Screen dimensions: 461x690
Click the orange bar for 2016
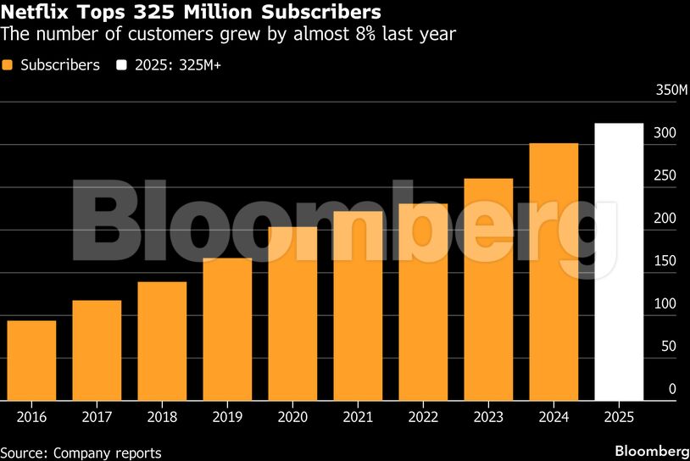point(31,360)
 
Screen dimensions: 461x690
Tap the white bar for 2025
point(619,262)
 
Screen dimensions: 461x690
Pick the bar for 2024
point(554,271)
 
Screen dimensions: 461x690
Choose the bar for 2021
point(358,305)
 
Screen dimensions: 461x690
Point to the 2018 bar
point(162,341)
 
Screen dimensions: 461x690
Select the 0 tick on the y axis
point(672,390)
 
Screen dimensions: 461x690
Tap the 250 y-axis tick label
point(665,176)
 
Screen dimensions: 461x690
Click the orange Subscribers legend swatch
point(8,65)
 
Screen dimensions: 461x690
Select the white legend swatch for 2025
point(122,65)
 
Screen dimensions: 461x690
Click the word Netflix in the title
point(33,13)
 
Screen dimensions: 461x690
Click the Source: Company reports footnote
point(81,453)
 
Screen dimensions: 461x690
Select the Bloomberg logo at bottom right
point(651,450)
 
